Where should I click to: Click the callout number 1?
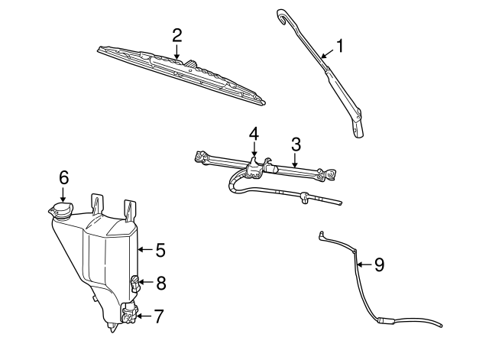(339, 46)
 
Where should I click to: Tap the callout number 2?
(176, 34)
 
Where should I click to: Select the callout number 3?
(296, 143)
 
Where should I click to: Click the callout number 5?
(160, 249)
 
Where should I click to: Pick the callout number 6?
(64, 177)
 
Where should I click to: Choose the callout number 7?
(158, 315)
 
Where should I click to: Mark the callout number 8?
(160, 283)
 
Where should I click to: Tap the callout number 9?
(379, 264)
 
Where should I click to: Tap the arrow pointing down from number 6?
(64, 194)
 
